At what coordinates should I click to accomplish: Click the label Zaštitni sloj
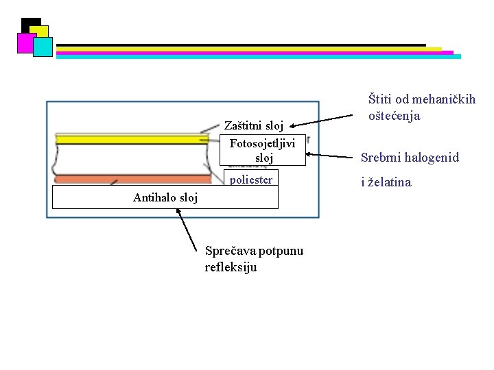[x=253, y=126]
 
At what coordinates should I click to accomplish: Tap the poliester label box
[x=251, y=180]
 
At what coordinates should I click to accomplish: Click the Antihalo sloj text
[x=165, y=198]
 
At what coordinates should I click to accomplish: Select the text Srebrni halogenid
[x=410, y=158]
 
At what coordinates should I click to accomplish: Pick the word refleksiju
[x=231, y=267]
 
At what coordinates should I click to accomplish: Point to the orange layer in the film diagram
[x=137, y=179]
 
